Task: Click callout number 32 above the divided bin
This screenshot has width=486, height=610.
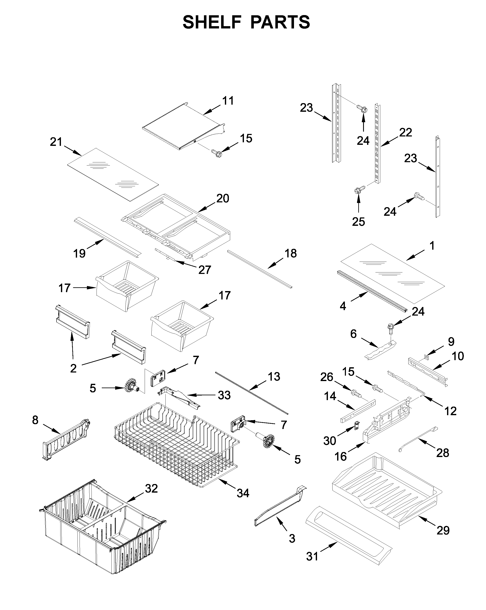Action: (x=151, y=489)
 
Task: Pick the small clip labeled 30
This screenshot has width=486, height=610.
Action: (x=357, y=425)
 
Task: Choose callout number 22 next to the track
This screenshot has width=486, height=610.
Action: (x=405, y=132)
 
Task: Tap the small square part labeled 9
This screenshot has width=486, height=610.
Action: (x=427, y=357)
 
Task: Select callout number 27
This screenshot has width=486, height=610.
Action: (x=204, y=270)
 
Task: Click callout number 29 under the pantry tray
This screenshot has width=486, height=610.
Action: (x=443, y=530)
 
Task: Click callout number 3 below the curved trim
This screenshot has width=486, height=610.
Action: (x=292, y=538)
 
